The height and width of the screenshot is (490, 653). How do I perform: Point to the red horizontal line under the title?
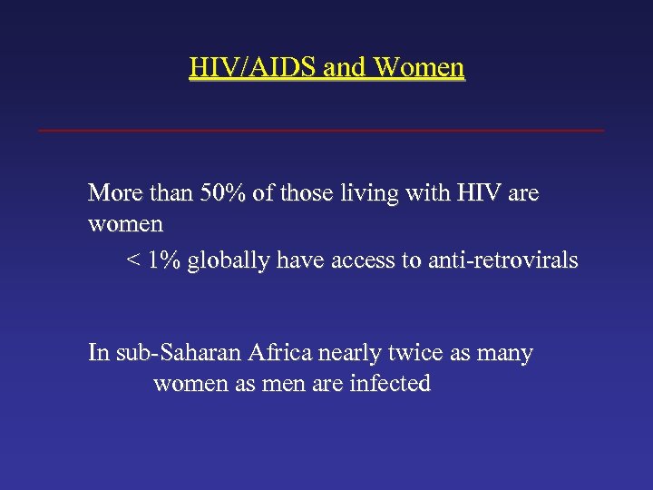click(321, 131)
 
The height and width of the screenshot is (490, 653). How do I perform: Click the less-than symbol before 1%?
click(132, 261)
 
